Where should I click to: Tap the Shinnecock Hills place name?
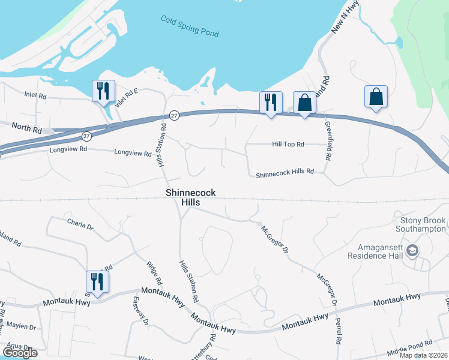pyautogui.click(x=191, y=197)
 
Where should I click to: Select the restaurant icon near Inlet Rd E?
pyautogui.click(x=103, y=91)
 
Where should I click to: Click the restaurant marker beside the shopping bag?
pyautogui.click(x=271, y=103)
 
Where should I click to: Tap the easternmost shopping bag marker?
pyautogui.click(x=376, y=97)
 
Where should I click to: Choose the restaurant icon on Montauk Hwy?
pyautogui.click(x=97, y=282)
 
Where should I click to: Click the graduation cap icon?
pyautogui.click(x=412, y=250)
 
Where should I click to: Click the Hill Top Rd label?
pyautogui.click(x=288, y=145)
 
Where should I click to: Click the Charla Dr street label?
pyautogui.click(x=80, y=227)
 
